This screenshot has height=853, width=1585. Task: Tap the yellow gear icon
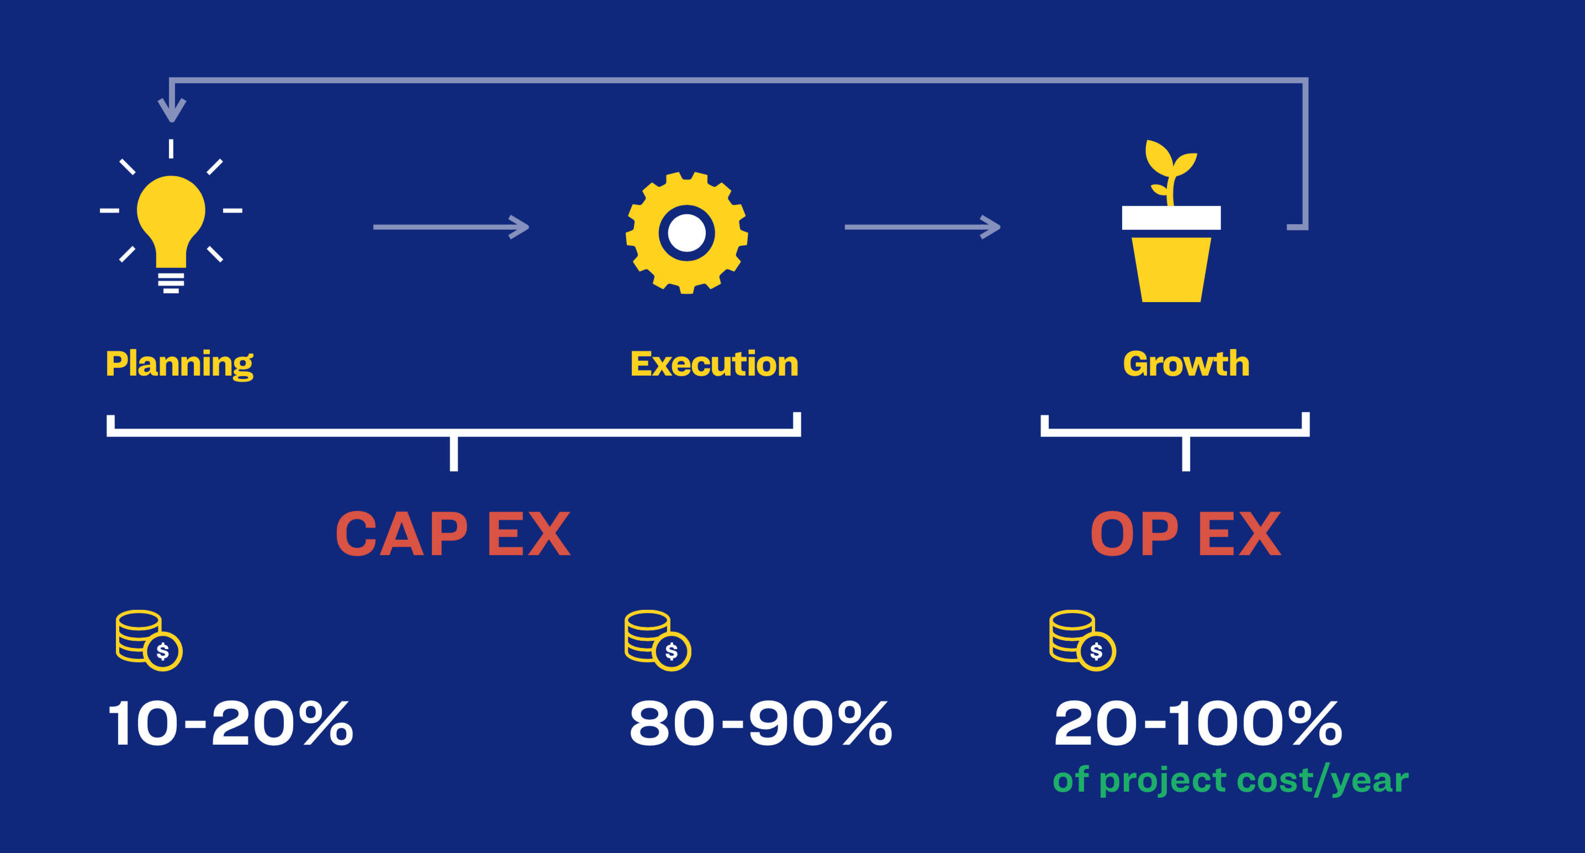pos(686,233)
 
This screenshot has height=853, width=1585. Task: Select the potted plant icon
pos(1171,221)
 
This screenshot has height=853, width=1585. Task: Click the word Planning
pos(179,364)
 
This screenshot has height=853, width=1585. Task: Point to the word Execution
pos(715,364)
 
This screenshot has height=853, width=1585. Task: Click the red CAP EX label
pos(453,534)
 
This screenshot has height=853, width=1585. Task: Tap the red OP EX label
pos(1186,534)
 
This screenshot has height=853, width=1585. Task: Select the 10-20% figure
pos(231,724)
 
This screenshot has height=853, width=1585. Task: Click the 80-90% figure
pos(760,724)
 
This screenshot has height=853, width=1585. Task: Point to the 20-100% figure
pos(1198,724)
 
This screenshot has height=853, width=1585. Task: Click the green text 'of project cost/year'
pos(1230,781)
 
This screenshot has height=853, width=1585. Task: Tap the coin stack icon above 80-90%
pos(658,641)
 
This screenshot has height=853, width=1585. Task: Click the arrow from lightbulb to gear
pos(451,227)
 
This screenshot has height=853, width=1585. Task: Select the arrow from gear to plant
pos(923,227)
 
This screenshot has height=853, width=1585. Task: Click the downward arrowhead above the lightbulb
pos(172,111)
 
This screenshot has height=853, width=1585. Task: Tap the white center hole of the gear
pos(686,233)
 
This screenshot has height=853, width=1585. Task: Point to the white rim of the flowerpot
pos(1171,218)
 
